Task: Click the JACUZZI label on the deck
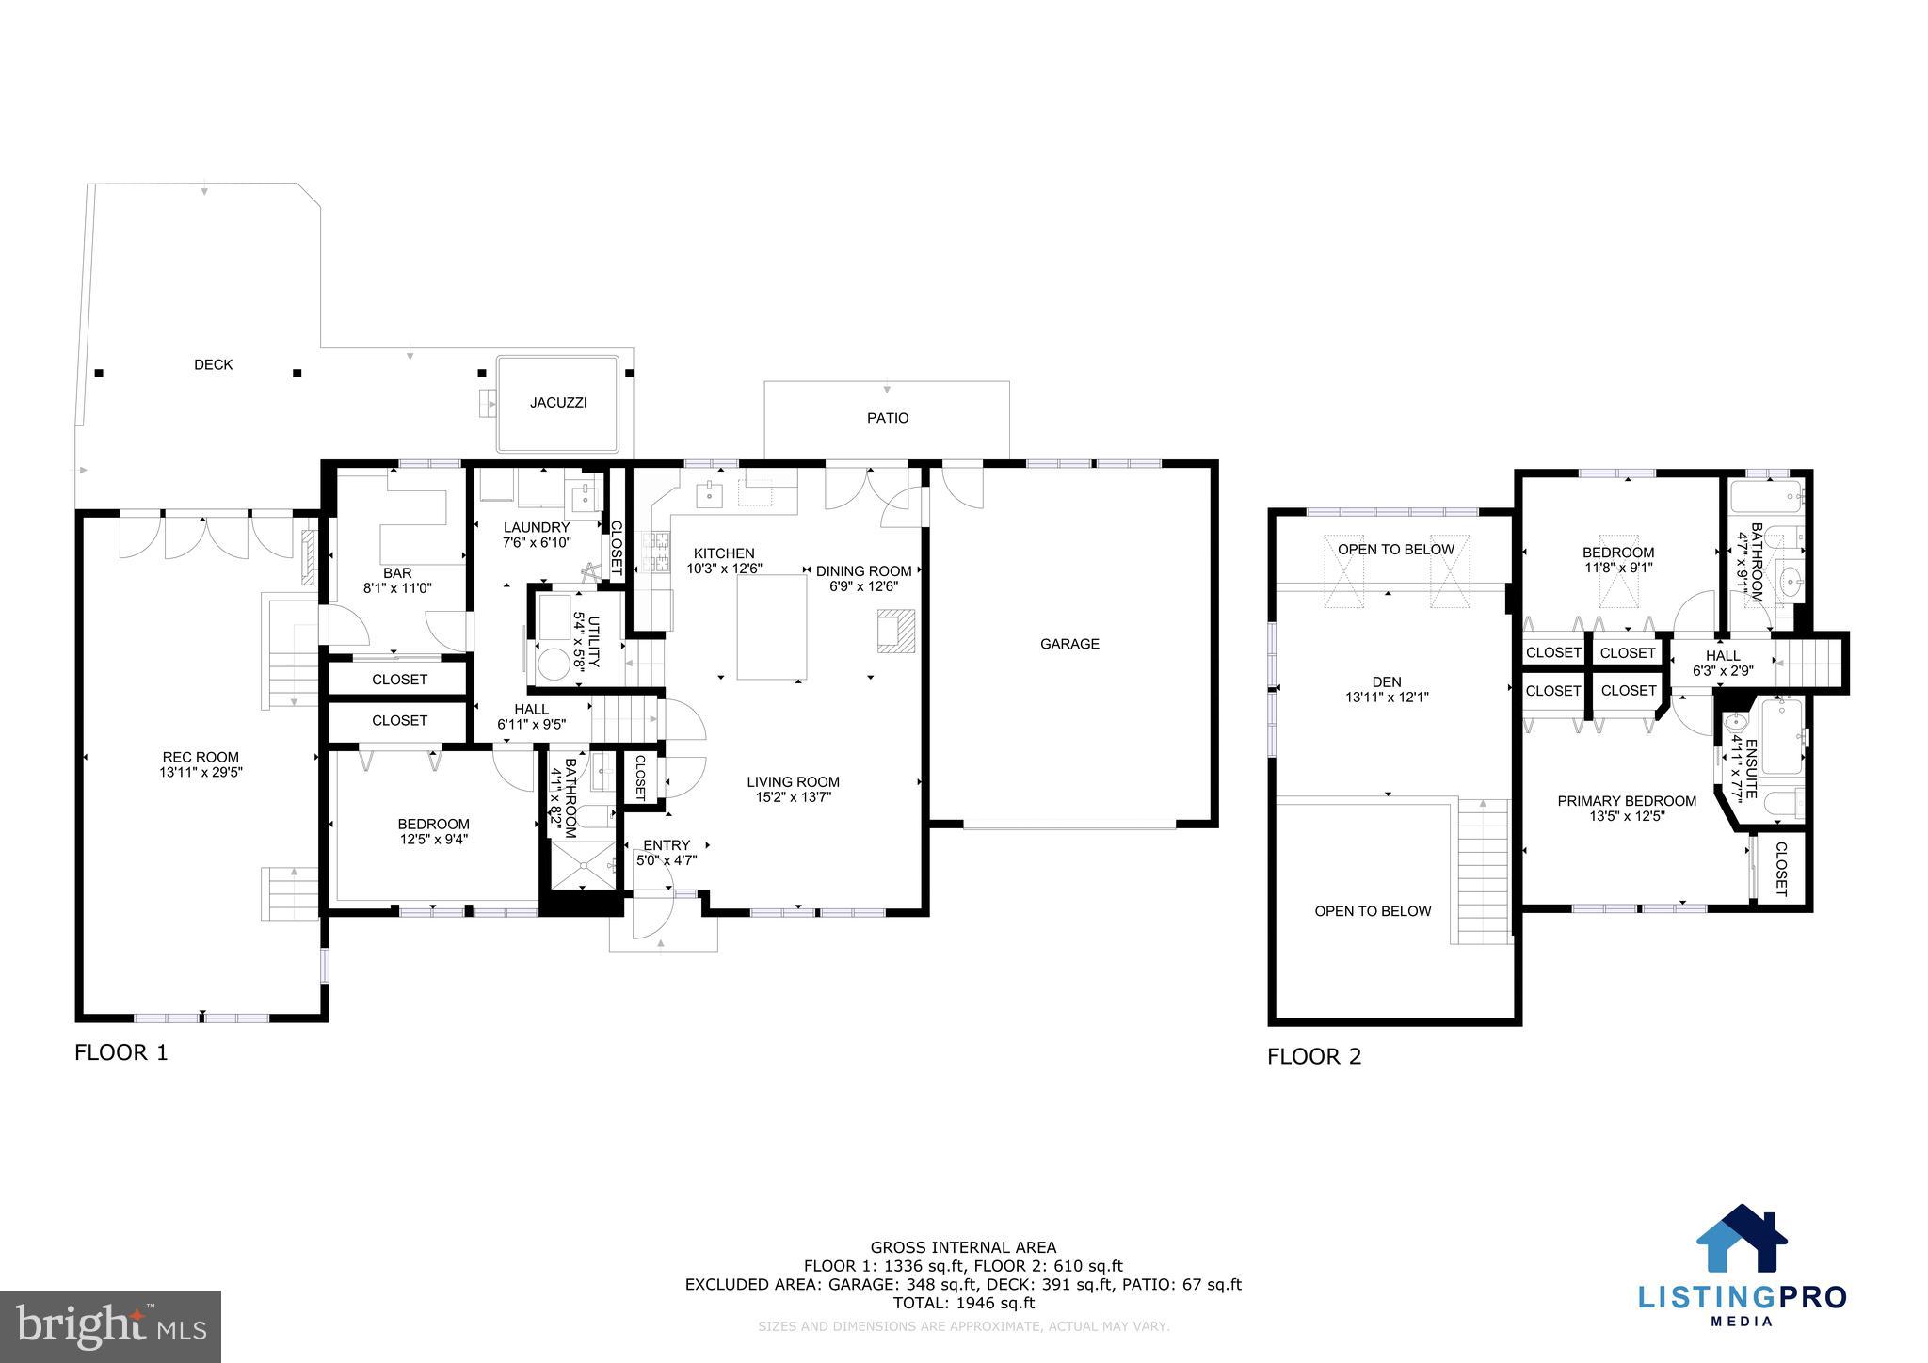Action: click(558, 403)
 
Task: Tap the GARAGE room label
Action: click(1069, 645)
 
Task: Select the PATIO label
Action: click(888, 418)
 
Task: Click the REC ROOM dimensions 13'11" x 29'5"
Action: click(201, 773)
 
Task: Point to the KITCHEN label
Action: click(724, 553)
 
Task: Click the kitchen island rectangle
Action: click(772, 627)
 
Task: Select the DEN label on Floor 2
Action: click(1387, 682)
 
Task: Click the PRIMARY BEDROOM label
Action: click(1627, 801)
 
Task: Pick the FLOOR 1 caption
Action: click(121, 1052)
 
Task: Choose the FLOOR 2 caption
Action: click(1314, 1056)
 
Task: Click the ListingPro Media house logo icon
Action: click(1742, 1239)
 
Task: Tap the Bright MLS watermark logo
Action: click(110, 1327)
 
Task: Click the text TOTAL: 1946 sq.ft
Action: click(963, 1303)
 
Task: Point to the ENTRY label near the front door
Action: click(667, 845)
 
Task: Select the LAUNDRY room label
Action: click(537, 528)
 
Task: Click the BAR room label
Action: click(397, 573)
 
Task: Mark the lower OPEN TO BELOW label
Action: click(1373, 911)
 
